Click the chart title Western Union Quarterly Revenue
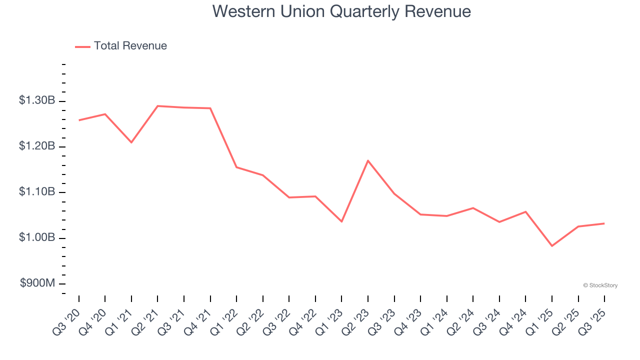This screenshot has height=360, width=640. [341, 11]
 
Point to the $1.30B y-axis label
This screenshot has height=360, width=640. [37, 100]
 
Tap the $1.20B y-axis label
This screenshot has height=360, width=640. [37, 146]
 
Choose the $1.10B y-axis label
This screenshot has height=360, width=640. [37, 192]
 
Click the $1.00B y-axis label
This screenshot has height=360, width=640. [37, 237]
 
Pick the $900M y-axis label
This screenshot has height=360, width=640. [37, 283]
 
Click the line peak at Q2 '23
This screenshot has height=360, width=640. [368, 160]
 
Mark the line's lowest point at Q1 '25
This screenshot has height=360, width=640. [552, 246]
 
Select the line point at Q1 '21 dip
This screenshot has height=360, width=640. [131, 142]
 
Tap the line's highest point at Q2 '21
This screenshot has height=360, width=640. [157, 106]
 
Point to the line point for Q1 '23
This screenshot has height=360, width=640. [341, 221]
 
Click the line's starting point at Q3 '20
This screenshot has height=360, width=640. [79, 120]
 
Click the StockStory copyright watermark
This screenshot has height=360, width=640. [600, 285]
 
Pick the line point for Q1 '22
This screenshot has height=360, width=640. [236, 167]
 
